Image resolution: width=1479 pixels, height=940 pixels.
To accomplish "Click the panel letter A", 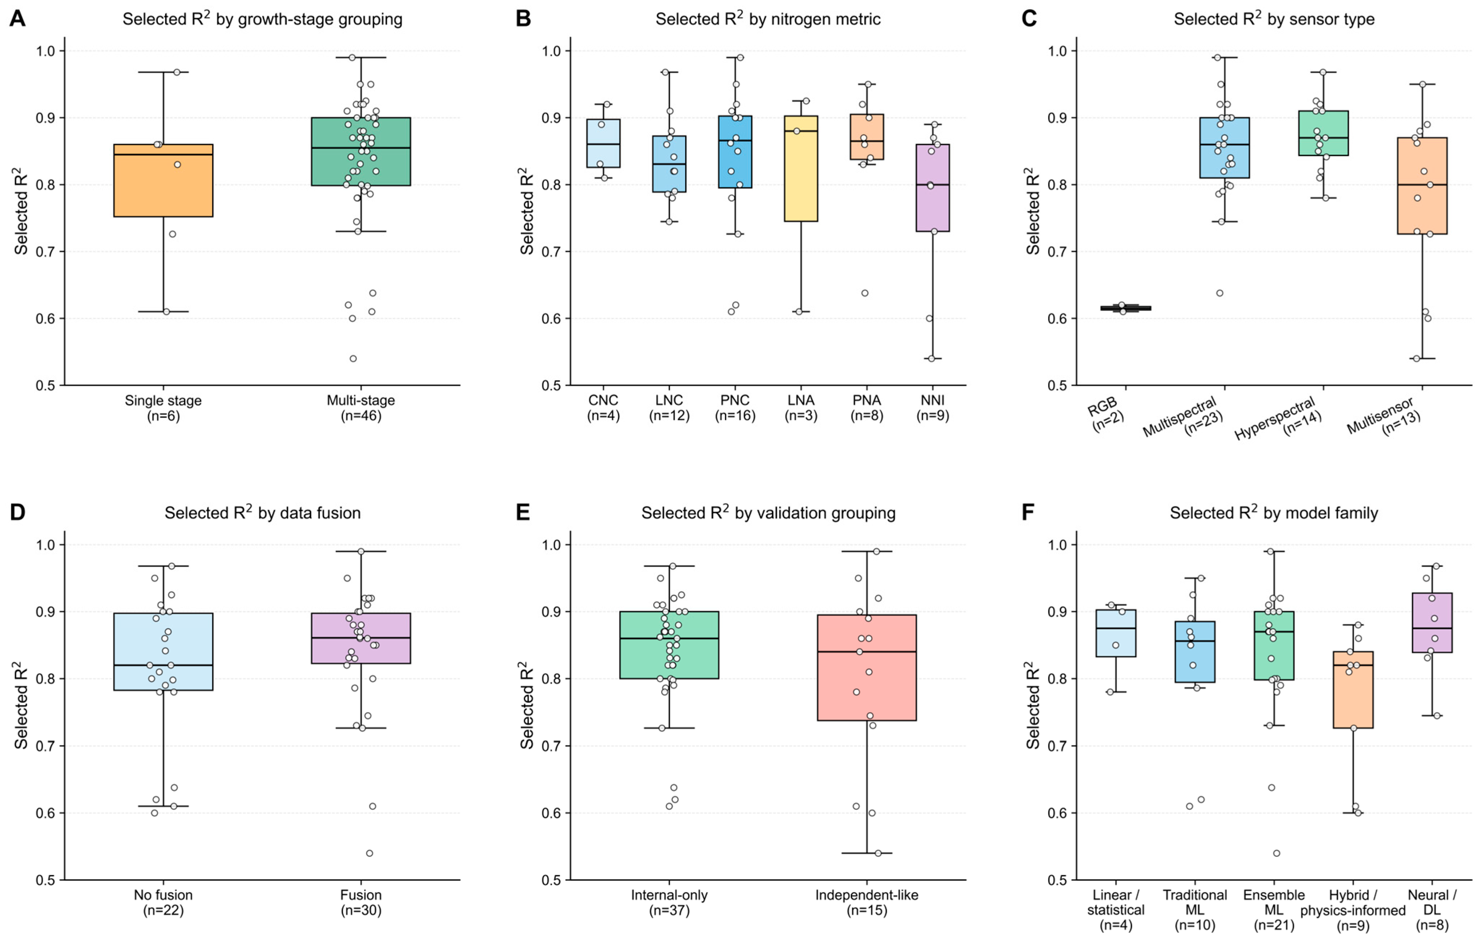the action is point(17,19).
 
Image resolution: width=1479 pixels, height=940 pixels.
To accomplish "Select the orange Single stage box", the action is point(163,180).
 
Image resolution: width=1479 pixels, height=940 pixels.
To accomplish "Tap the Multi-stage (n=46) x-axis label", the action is point(361,408).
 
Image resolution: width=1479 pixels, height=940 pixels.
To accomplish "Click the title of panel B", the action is point(768,19).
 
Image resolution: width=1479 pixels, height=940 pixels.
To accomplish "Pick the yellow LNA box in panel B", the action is point(801,168).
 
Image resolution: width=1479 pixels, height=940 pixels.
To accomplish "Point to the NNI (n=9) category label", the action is point(932,408).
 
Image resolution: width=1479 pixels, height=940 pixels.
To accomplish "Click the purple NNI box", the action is point(932,188).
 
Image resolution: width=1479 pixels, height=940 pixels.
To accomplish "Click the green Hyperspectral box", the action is point(1324,133).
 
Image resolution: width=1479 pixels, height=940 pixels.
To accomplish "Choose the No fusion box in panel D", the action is point(163,652).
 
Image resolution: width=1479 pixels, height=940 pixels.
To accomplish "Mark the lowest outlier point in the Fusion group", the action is point(370,853).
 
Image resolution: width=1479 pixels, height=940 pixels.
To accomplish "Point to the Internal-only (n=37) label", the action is point(670,902).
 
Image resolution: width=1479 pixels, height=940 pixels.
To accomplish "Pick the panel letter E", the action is point(523,512).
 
